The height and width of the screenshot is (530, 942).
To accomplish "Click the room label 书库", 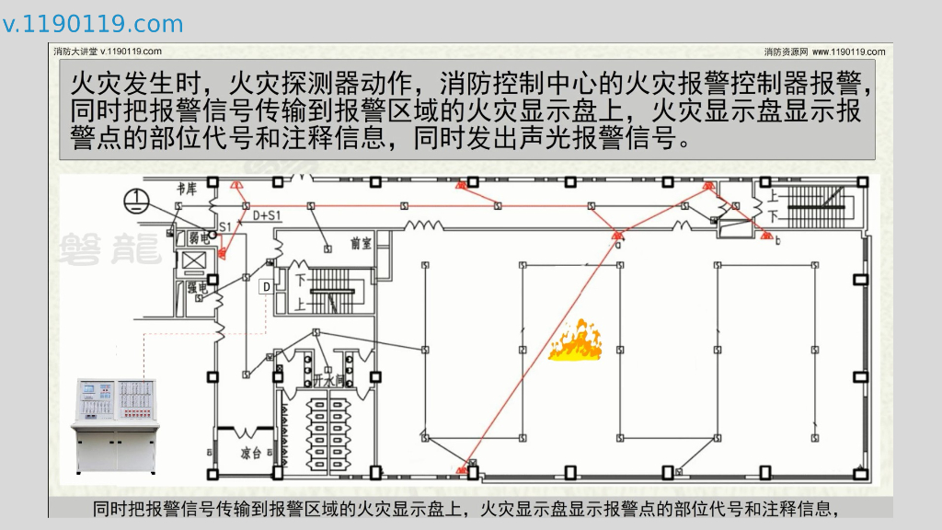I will pyautogui.click(x=187, y=190).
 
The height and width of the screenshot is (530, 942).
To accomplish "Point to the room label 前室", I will pyautogui.click(x=360, y=243).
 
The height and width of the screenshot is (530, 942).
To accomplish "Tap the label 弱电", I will pyautogui.click(x=199, y=237).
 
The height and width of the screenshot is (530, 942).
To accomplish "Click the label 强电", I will pyautogui.click(x=198, y=289).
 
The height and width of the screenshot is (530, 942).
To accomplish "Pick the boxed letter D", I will pyautogui.click(x=267, y=287).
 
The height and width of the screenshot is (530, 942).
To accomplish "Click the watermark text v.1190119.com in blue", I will pyautogui.click(x=92, y=24).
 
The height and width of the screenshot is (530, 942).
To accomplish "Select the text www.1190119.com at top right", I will pyautogui.click(x=848, y=52).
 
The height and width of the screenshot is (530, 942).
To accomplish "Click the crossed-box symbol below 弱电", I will pyautogui.click(x=194, y=261).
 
